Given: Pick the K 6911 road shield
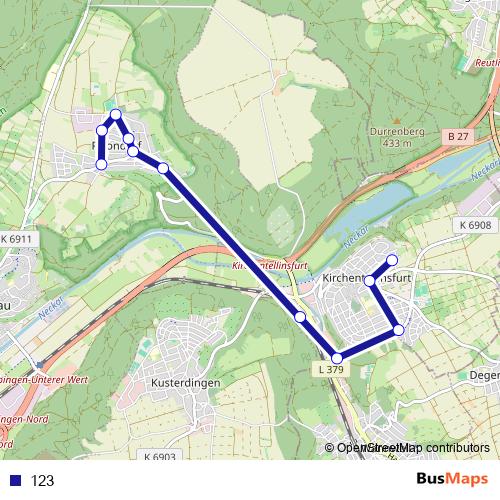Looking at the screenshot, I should coord(16,240).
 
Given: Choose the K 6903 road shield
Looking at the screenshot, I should coord(159,457).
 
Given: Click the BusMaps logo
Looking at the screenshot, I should coord(451,479).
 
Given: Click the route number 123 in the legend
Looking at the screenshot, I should coord(43,480).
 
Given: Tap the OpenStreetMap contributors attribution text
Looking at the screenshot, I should coord(411,448).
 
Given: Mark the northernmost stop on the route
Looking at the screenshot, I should coord(116,114).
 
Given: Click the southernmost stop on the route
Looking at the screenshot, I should coord(337,358).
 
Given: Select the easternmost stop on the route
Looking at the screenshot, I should coord(399,329).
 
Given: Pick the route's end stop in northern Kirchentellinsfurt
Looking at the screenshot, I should coord(392,260).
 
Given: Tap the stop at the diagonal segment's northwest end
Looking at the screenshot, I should coord(163,168).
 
